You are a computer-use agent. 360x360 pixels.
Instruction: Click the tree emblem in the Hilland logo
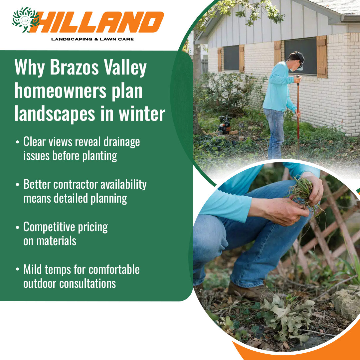[25, 20]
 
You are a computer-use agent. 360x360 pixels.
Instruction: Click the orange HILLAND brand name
[99, 22]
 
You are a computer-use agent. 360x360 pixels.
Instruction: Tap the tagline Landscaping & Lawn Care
[92, 39]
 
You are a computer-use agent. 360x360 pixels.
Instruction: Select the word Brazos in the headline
[74, 67]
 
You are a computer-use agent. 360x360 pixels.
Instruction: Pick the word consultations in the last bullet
[88, 283]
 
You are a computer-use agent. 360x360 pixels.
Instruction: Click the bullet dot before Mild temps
[17, 269]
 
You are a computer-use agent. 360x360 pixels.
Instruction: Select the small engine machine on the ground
[225, 125]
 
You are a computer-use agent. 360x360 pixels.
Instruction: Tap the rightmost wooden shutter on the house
[322, 57]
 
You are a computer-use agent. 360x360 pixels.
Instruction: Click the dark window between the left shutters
[231, 58]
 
